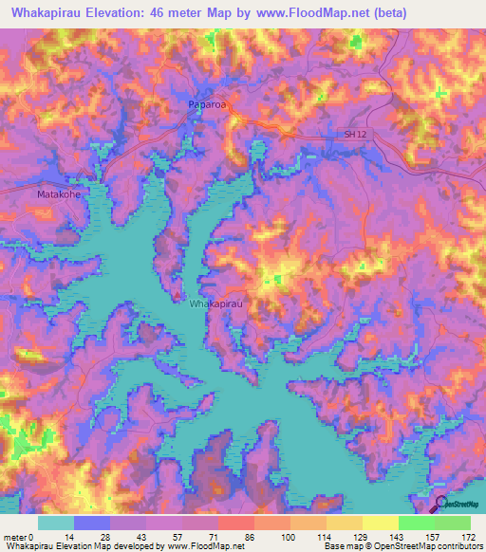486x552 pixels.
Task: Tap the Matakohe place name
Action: coord(58,194)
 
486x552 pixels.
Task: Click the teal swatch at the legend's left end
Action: coord(55,523)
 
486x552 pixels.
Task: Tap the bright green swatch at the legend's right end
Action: coord(452,523)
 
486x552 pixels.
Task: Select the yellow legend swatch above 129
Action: coord(345,523)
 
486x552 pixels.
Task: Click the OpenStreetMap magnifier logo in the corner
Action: coord(441,505)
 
